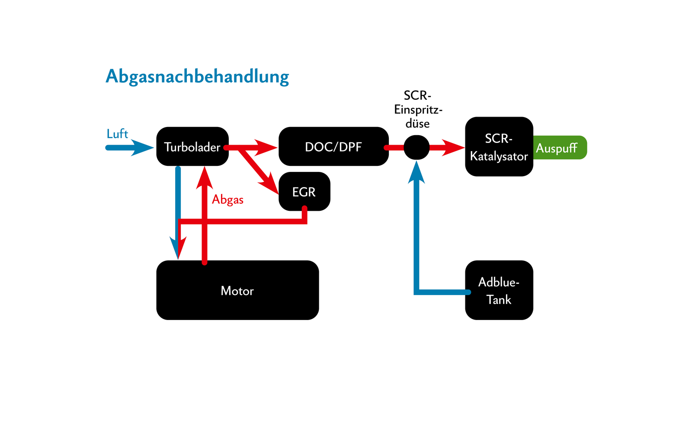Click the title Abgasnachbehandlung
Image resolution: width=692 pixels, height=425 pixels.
click(197, 76)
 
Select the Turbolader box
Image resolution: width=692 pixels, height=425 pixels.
click(192, 146)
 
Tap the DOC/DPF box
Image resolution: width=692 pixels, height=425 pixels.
click(333, 146)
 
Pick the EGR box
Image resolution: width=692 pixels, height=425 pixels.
click(304, 192)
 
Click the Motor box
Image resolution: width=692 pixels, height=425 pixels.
click(237, 290)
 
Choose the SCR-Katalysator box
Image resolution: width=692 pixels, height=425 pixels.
click(499, 147)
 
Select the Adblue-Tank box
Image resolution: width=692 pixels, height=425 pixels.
click(499, 290)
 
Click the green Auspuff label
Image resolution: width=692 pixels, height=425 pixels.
click(558, 148)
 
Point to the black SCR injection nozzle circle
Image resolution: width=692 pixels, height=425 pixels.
click(416, 147)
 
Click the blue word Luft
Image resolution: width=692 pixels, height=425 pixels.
click(117, 134)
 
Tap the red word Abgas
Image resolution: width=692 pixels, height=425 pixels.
click(227, 200)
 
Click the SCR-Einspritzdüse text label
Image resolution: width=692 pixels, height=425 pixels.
click(417, 109)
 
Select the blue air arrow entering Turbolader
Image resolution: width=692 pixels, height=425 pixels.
click(130, 148)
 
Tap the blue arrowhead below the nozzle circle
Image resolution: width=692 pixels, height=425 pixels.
click(416, 173)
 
